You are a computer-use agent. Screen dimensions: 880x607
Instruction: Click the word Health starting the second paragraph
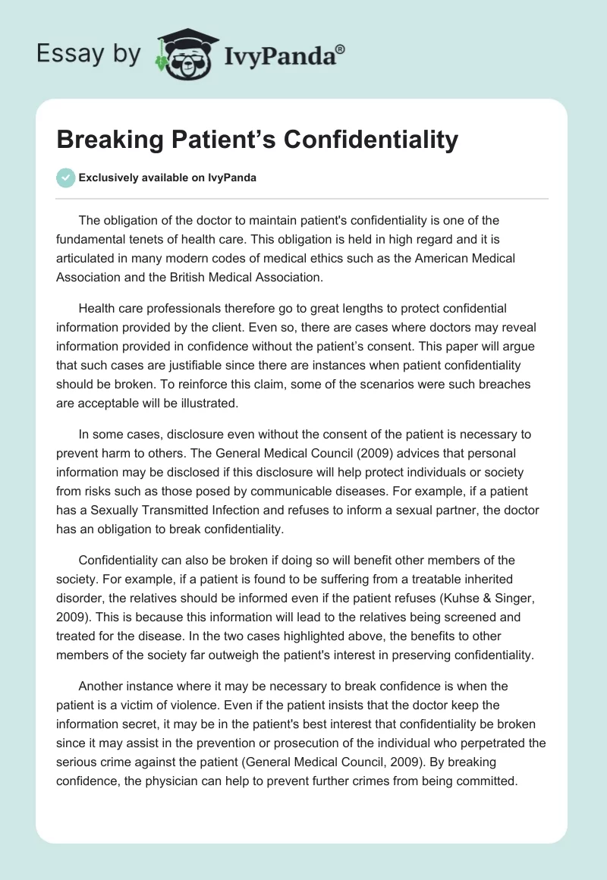[x=96, y=309]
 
